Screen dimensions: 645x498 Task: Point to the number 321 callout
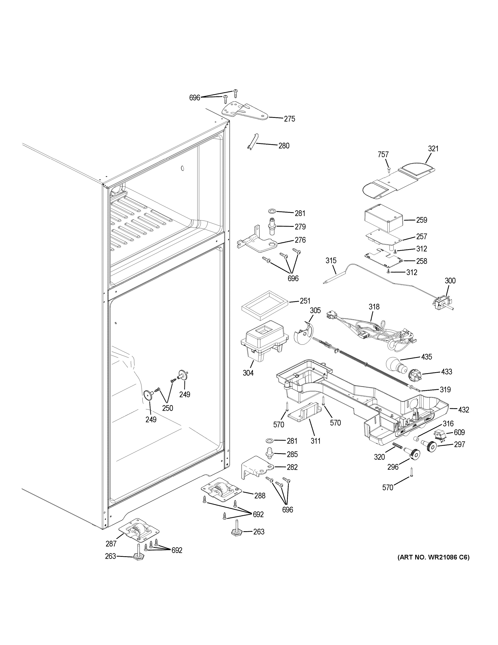point(433,149)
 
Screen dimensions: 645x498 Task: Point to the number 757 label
point(383,155)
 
